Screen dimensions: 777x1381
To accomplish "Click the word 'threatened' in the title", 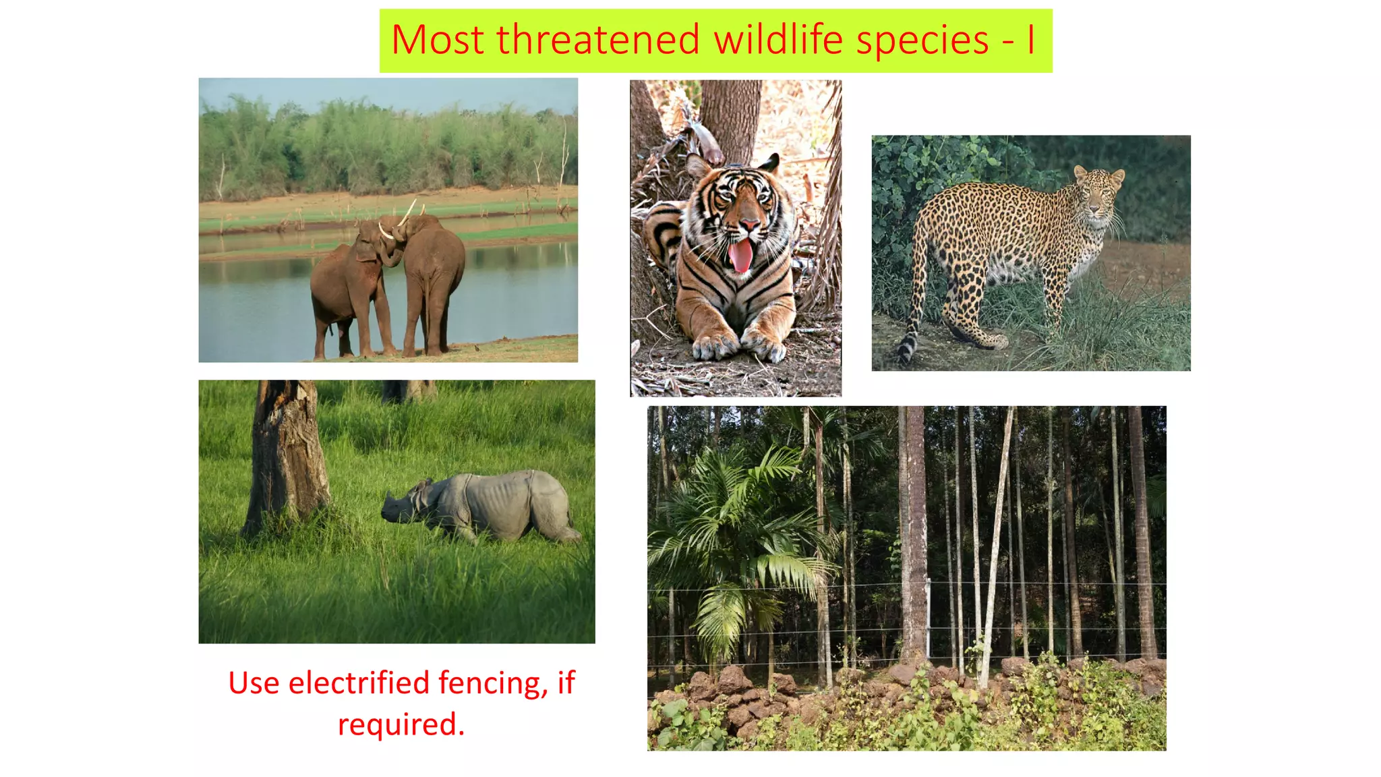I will (598, 39).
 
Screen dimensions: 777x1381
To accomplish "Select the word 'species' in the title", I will (922, 40).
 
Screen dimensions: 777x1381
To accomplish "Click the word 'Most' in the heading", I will (437, 39).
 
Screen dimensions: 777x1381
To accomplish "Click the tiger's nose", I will (748, 225).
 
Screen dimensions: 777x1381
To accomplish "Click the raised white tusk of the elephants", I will (408, 212).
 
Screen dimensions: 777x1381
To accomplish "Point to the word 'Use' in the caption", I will (254, 683).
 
